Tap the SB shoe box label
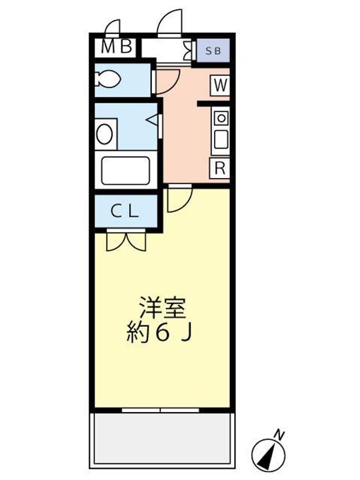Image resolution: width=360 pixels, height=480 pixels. (213, 50)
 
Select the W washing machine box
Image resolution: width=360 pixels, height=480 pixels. (221, 85)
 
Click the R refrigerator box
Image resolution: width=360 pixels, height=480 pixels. (220, 167)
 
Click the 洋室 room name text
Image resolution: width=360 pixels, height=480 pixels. (162, 309)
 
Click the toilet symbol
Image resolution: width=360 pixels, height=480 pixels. (107, 79)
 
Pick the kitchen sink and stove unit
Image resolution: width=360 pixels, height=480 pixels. (221, 131)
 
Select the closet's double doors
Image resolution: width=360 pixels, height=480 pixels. (125, 240)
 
